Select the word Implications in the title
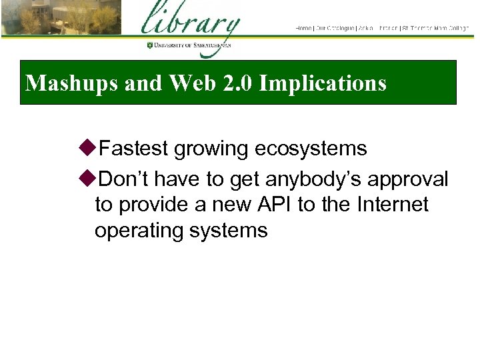[323, 83]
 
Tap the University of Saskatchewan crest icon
[150, 45]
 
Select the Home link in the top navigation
[303, 28]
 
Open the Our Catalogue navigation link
[335, 28]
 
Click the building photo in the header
[60, 18]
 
